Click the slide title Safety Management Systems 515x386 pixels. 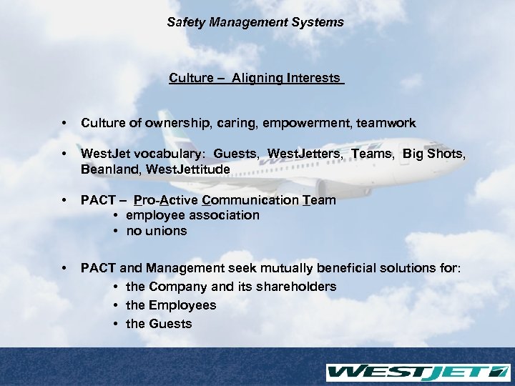pyautogui.click(x=255, y=23)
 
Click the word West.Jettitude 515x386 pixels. pyautogui.click(x=190, y=169)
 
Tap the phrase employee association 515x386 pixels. pyautogui.click(x=192, y=215)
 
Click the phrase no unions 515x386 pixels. pyautogui.click(x=156, y=231)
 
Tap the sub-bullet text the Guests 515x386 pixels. pyautogui.click(x=159, y=324)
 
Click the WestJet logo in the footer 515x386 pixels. pyautogui.click(x=417, y=372)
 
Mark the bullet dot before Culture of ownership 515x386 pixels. pyautogui.click(x=65, y=124)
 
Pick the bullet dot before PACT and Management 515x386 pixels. pyautogui.click(x=65, y=269)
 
